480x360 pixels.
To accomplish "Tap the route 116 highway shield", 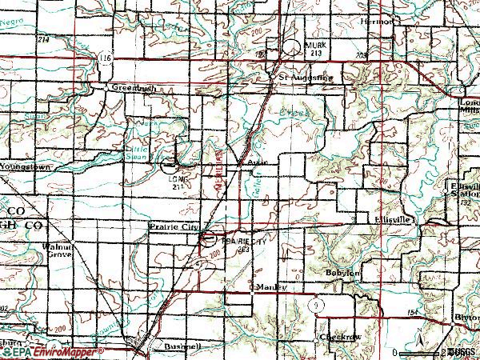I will pyautogui.click(x=105, y=59).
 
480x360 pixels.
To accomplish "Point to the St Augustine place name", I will pyautogui.click(x=304, y=78).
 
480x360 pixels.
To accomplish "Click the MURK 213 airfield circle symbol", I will pyautogui.click(x=292, y=47).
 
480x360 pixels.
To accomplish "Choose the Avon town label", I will pyautogui.click(x=255, y=161).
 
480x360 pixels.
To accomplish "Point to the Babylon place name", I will pyautogui.click(x=343, y=273).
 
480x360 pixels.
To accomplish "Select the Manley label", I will pyautogui.click(x=269, y=286).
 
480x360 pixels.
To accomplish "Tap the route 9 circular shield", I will pyautogui.click(x=318, y=304).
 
